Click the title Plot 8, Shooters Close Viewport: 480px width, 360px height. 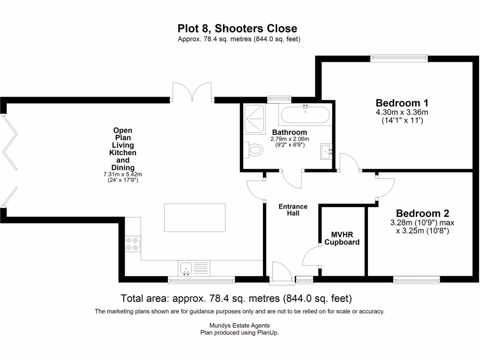click(x=237, y=29)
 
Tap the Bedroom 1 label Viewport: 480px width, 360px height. click(x=402, y=103)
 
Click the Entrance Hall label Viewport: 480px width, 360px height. click(x=293, y=210)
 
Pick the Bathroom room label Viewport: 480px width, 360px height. click(x=290, y=132)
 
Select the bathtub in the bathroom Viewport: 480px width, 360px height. click(x=305, y=114)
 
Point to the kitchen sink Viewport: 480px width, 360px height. click(x=186, y=269)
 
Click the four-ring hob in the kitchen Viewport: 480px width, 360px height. click(x=132, y=244)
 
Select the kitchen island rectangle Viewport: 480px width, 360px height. click(x=195, y=217)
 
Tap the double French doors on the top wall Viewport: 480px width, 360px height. click(x=192, y=92)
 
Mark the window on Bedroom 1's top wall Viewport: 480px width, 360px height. click(x=399, y=58)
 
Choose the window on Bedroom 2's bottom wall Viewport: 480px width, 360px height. click(x=417, y=280)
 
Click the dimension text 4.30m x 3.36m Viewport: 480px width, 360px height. click(x=402, y=112)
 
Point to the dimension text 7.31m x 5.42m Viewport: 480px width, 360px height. click(x=122, y=174)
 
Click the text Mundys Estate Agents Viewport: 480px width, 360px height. click(x=240, y=325)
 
